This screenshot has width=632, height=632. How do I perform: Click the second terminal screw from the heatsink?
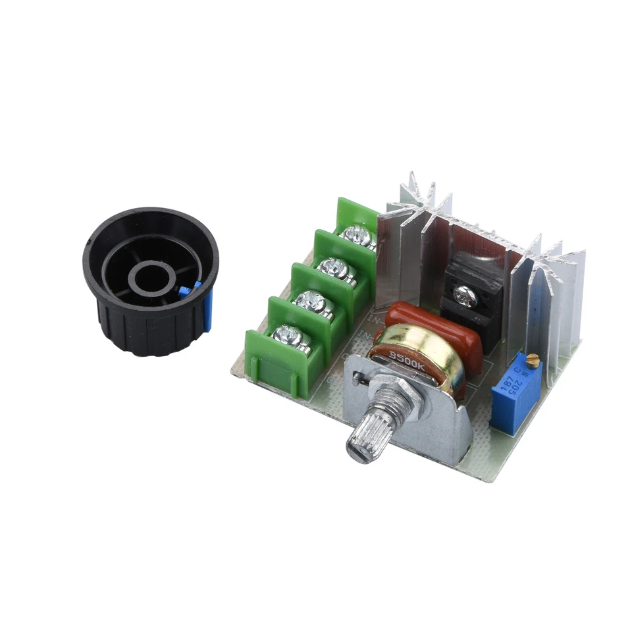pos(332,267)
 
